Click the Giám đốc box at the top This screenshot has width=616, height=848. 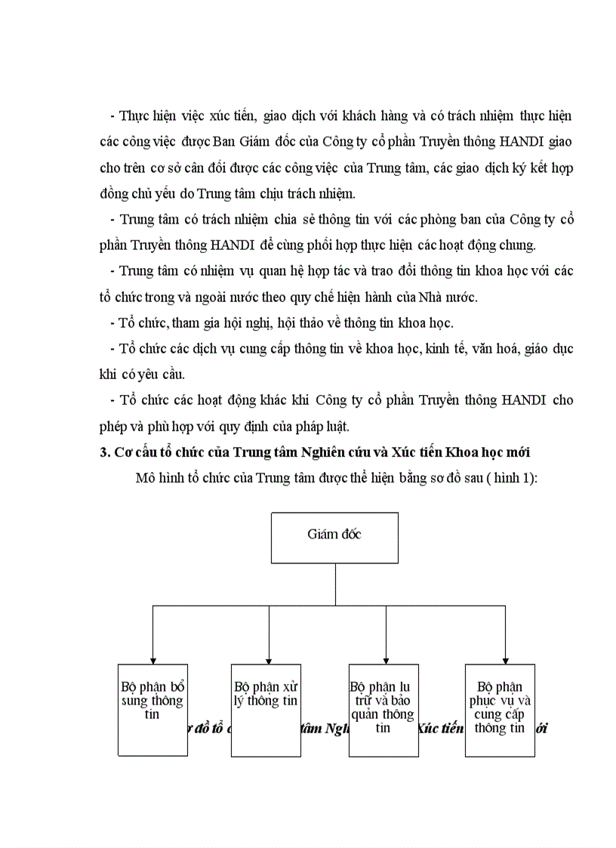(334, 538)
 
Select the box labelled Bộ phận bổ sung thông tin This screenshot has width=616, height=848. (152, 710)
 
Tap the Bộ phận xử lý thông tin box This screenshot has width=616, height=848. (266, 710)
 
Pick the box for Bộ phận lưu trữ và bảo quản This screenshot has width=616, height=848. (383, 710)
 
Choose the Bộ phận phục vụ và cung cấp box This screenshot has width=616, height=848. (500, 710)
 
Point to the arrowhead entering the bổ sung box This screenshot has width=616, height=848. (152, 660)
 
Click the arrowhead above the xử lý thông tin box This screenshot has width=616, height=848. (269, 660)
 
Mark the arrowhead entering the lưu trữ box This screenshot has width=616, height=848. (386, 660)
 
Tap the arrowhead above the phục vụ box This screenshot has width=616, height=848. (505, 660)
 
